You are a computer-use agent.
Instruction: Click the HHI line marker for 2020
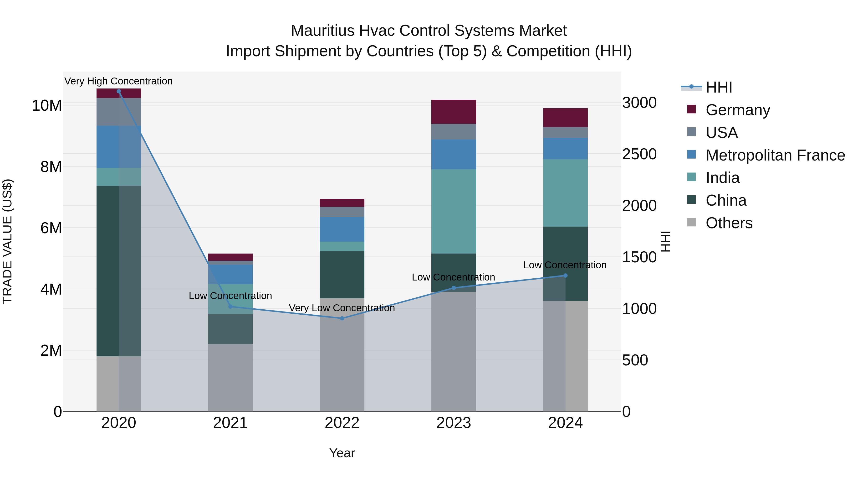119,91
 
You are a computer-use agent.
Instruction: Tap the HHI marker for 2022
342,318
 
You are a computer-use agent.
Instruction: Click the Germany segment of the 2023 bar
454,112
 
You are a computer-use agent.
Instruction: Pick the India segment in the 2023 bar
454,211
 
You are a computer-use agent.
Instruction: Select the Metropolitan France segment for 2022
342,229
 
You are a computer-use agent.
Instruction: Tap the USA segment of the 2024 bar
565,132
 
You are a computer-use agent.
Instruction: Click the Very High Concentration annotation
119,81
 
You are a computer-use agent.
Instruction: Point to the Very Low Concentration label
342,308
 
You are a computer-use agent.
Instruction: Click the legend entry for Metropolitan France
775,155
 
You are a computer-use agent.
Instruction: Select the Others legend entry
729,223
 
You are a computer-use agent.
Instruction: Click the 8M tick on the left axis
51,167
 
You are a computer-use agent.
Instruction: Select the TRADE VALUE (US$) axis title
7,241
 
